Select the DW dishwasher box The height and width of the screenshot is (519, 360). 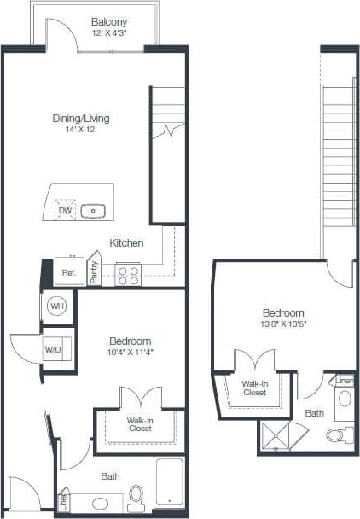click(x=65, y=210)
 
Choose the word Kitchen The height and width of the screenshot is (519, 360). click(x=126, y=243)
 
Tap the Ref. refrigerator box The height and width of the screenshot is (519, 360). click(x=68, y=273)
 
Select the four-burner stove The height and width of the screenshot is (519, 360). click(x=128, y=275)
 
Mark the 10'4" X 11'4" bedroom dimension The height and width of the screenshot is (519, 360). click(x=131, y=351)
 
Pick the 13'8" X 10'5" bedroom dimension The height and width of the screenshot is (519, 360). click(x=283, y=324)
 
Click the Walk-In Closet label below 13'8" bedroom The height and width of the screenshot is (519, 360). click(x=254, y=388)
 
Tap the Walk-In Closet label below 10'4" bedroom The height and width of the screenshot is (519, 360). click(x=140, y=424)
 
